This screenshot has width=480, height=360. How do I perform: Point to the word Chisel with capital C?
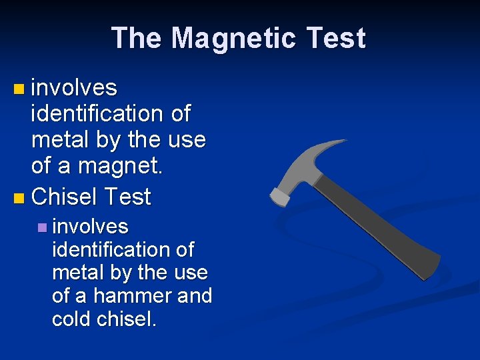[63, 197]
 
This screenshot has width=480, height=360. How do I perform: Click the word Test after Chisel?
[126, 197]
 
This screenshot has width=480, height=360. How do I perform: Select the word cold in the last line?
[71, 319]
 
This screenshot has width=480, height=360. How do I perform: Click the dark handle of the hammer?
[373, 220]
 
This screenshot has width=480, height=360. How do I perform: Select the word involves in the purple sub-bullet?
[90, 227]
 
